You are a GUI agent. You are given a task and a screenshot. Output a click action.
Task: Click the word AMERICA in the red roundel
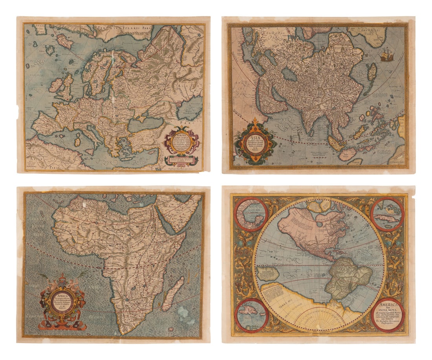(387, 305)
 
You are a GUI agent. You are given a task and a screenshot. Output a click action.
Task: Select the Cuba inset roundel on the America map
(387, 214)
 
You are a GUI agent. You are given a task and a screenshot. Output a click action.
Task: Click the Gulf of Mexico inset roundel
(251, 214)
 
